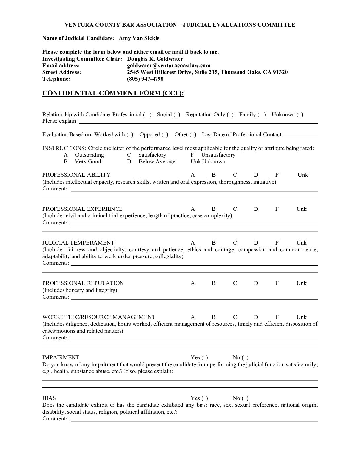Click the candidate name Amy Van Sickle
(x=139, y=38)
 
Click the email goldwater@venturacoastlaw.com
(x=169, y=65)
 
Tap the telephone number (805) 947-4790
(x=145, y=79)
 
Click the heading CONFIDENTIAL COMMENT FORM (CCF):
(x=113, y=93)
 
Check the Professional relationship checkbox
(x=147, y=115)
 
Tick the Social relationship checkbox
(x=177, y=115)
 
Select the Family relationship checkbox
(x=262, y=115)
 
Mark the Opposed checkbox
(x=165, y=135)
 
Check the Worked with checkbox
(x=130, y=135)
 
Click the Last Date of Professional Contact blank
(x=300, y=135)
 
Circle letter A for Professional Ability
(x=193, y=175)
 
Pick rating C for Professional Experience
(x=235, y=209)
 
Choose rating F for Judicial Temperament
(x=277, y=243)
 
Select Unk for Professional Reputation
(x=301, y=283)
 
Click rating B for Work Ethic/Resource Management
(x=214, y=317)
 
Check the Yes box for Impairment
(x=204, y=358)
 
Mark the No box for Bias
(x=245, y=398)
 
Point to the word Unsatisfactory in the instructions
(x=218, y=155)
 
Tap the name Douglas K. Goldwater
(x=155, y=59)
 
